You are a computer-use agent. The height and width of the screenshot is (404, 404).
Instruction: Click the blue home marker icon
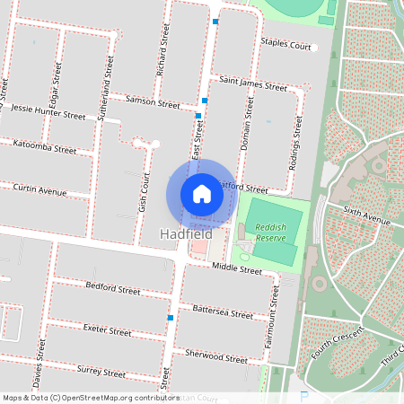(x=202, y=194)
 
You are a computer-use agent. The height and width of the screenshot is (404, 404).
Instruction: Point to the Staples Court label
(x=285, y=45)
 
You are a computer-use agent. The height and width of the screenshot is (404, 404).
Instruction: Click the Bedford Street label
(x=113, y=291)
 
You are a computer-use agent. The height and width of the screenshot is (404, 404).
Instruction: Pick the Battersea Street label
(x=223, y=312)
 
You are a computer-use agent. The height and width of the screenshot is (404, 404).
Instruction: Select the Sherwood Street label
(x=216, y=356)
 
